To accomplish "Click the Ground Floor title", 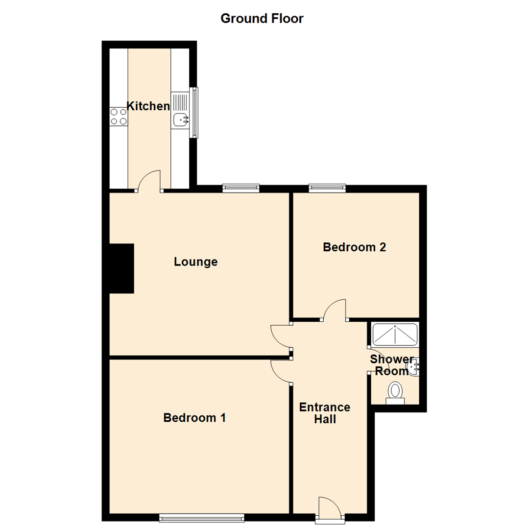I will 262,19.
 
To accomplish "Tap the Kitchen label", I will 148,106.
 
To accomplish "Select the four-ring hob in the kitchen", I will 119,117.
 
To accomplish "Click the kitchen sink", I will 181,118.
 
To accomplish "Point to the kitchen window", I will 195,112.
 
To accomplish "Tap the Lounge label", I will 195,262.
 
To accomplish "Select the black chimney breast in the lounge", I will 121,268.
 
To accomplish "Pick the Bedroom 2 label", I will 354,247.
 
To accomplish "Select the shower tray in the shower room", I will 395,334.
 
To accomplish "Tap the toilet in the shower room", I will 395,393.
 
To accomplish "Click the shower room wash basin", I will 414,366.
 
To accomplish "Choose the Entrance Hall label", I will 325,413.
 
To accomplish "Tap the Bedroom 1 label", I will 194,418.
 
